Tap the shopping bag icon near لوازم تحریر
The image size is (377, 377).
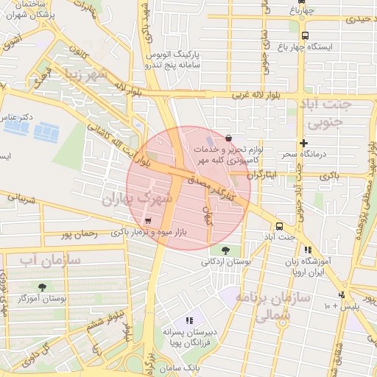[229, 138]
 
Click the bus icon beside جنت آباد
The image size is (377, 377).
[279, 227]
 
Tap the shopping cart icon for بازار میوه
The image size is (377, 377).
[149, 220]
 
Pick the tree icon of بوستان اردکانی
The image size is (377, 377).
[225, 251]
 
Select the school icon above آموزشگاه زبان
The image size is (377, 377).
[307, 250]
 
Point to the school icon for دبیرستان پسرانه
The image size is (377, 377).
[189, 320]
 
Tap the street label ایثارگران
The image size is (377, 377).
[259, 175]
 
